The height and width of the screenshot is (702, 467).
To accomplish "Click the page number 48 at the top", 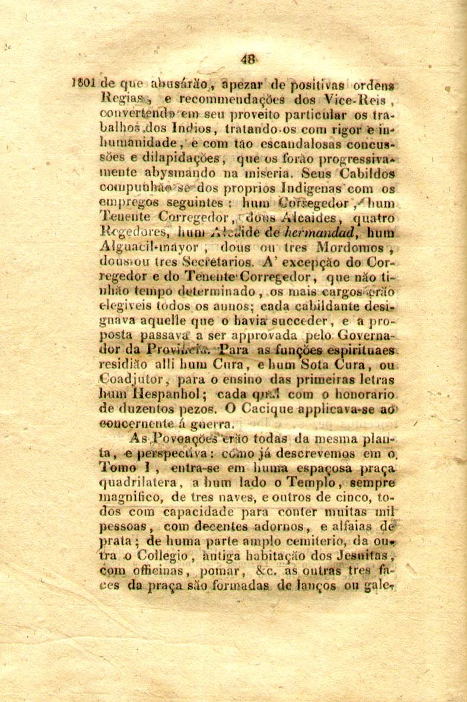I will coord(249,59).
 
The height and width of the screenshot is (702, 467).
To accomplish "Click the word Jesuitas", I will coord(354,556).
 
